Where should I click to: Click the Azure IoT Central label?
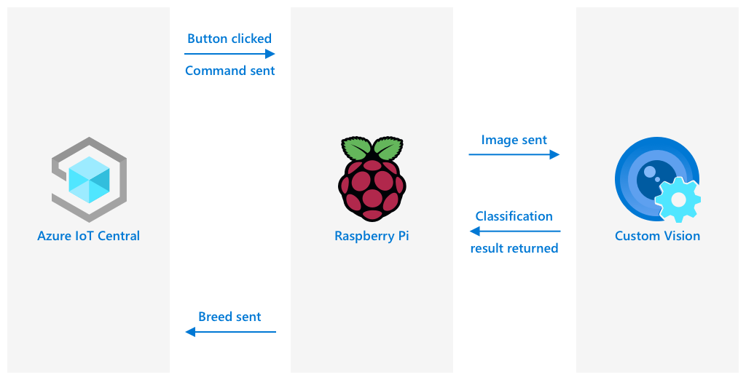(88, 236)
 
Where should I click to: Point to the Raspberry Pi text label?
(372, 236)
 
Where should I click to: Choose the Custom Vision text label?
(657, 236)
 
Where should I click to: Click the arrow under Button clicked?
(229, 54)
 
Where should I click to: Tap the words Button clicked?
(229, 39)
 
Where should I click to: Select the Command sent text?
(230, 71)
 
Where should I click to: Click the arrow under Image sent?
(514, 154)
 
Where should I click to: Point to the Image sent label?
(514, 140)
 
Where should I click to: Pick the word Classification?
(514, 216)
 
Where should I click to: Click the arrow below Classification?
(514, 231)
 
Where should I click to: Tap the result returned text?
(514, 248)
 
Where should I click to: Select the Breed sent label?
(229, 317)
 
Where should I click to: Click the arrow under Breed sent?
(230, 332)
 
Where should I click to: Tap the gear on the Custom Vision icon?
(678, 199)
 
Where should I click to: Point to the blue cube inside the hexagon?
(89, 180)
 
